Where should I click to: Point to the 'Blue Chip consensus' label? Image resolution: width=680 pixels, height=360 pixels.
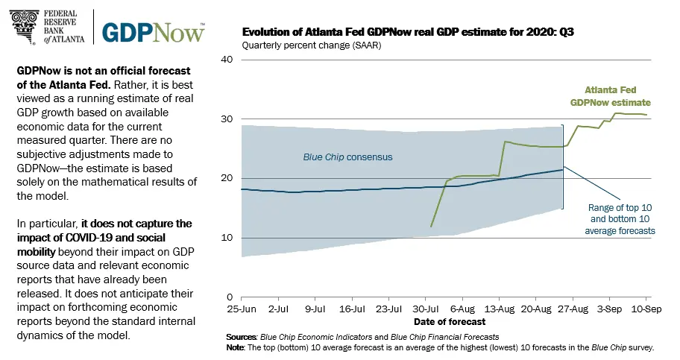(x=347, y=158)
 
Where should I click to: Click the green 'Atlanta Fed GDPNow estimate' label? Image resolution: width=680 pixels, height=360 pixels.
(x=610, y=95)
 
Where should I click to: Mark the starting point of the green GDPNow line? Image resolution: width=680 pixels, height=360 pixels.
(x=431, y=226)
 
